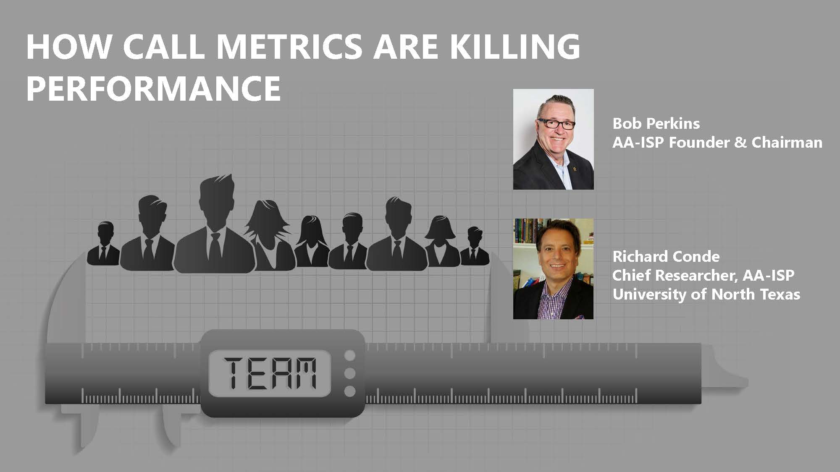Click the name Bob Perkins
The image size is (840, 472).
(656, 123)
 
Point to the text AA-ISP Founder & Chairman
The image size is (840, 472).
(717, 143)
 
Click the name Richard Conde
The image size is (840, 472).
(666, 256)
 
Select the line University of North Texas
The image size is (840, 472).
(706, 294)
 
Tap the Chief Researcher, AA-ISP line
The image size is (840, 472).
(703, 275)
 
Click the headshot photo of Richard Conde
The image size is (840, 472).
(553, 269)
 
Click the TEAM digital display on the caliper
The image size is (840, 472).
(270, 373)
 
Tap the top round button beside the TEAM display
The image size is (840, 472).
(349, 356)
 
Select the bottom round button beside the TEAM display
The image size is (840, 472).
(349, 391)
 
